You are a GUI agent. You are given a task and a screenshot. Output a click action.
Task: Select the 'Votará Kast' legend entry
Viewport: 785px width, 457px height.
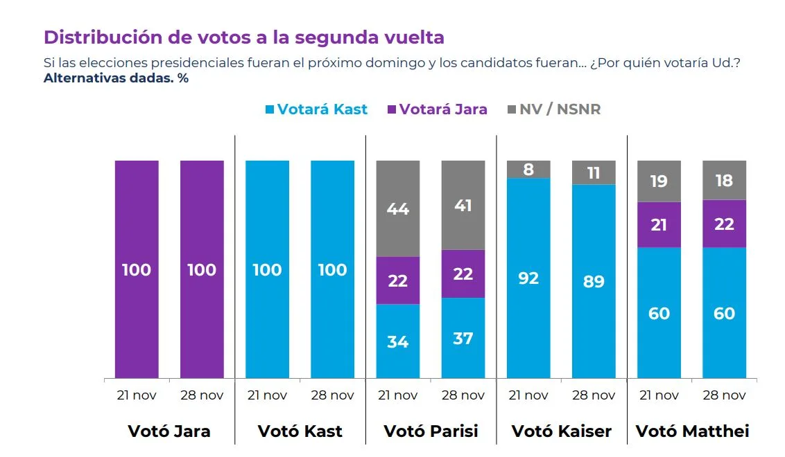tap(316, 109)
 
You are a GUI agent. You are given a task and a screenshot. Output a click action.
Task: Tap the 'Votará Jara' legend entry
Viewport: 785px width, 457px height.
tap(437, 109)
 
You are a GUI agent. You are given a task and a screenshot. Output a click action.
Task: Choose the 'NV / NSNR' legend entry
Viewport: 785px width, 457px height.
tap(554, 109)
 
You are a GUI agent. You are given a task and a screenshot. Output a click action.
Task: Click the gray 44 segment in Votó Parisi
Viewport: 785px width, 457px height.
tap(397, 208)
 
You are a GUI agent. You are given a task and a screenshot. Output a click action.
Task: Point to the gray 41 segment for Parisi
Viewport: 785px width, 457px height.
tap(463, 205)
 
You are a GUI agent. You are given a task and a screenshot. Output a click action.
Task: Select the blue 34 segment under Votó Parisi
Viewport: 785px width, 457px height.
tap(397, 341)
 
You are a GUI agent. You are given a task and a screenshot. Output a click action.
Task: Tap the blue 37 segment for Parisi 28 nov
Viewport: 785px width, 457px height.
tap(463, 337)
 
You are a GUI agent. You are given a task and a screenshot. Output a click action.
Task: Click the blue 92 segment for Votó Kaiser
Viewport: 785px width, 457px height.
tap(528, 278)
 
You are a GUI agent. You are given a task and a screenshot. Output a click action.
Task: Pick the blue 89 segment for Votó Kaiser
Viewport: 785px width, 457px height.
tap(594, 281)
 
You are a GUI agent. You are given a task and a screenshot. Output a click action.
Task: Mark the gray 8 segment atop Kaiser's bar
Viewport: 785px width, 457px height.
tap(528, 170)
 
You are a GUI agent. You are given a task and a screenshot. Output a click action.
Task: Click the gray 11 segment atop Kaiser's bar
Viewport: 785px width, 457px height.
tap(594, 172)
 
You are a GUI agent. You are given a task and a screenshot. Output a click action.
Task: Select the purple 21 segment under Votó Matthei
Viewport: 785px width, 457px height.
tap(659, 224)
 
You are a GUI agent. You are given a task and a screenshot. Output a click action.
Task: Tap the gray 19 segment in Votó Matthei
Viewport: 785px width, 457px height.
tap(659, 181)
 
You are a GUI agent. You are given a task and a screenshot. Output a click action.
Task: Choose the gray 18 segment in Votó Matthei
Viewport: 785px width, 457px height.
tap(724, 180)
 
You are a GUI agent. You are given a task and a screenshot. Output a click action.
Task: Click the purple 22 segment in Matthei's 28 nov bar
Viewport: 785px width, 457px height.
tap(724, 224)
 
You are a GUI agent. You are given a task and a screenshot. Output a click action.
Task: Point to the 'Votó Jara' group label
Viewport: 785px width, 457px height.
tap(169, 431)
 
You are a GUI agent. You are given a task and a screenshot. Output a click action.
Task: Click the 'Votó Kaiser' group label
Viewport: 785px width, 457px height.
tap(562, 431)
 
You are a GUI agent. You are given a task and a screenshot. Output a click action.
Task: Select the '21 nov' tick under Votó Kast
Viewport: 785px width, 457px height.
tap(267, 396)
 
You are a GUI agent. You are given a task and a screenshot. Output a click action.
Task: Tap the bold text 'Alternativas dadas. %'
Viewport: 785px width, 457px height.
tap(116, 78)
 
